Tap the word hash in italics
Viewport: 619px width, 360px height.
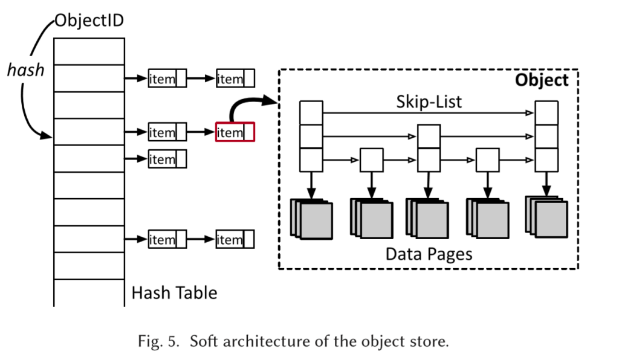[x=25, y=70]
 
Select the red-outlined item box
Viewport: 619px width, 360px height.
[x=235, y=132]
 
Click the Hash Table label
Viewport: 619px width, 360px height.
[x=174, y=293]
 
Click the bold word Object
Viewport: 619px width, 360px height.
[x=541, y=80]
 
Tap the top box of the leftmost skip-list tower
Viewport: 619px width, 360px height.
[x=311, y=112]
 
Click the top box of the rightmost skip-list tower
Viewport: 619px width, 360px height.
[x=546, y=112]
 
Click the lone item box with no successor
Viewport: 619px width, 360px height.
[x=167, y=159]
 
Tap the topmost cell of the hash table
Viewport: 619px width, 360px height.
[x=89, y=51]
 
